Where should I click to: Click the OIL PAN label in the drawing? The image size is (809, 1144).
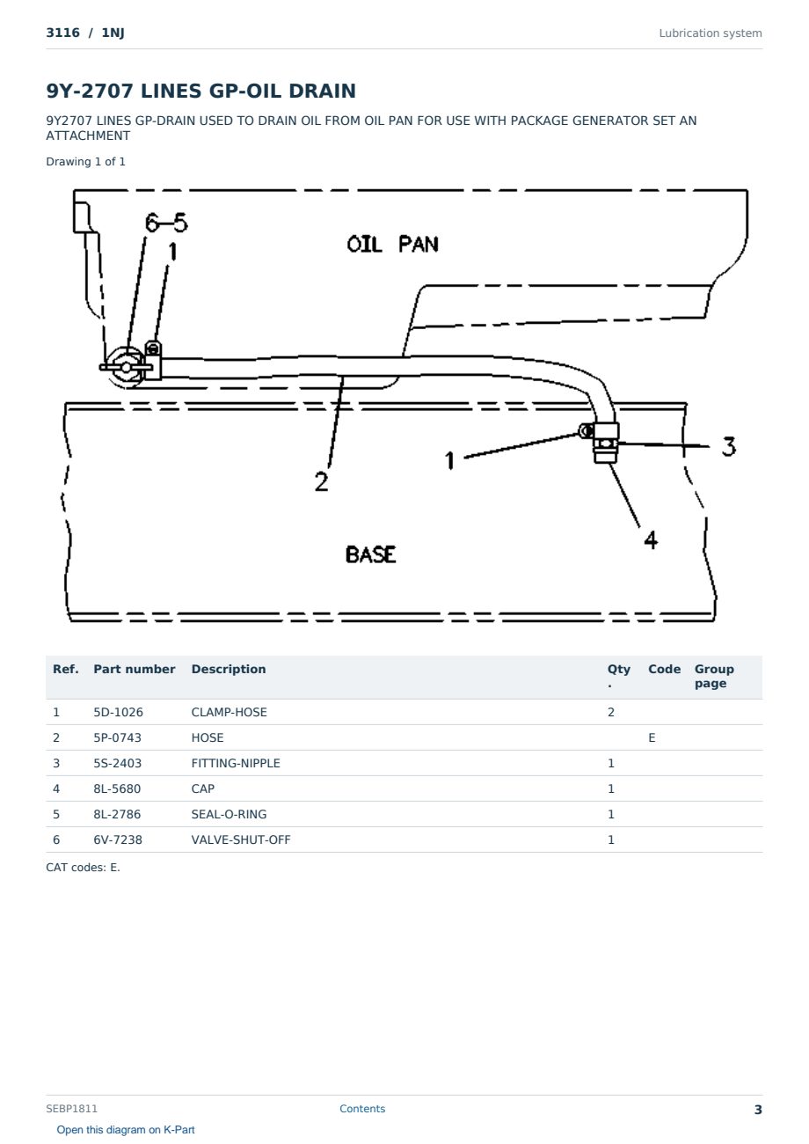click(x=392, y=244)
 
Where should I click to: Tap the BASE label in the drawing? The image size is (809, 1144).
click(x=370, y=554)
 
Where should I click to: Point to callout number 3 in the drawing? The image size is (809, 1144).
click(x=728, y=446)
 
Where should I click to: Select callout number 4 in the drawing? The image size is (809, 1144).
click(x=650, y=539)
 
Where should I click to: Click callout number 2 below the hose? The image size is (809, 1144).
click(x=321, y=481)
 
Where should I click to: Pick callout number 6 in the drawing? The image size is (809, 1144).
click(x=152, y=223)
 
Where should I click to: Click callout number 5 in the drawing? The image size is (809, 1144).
click(x=180, y=222)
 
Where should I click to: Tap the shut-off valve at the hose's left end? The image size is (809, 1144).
click(x=126, y=367)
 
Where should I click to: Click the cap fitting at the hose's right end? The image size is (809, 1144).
click(x=605, y=443)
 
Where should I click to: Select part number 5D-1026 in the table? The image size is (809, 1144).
click(x=118, y=712)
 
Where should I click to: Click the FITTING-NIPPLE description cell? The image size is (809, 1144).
click(x=236, y=763)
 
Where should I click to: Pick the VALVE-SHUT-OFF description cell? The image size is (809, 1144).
click(x=240, y=840)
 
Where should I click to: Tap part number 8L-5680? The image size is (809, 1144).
click(x=117, y=788)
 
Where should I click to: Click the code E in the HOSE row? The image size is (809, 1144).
click(x=652, y=737)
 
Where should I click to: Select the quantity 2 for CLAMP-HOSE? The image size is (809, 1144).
click(x=611, y=712)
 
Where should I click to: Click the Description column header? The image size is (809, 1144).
click(x=229, y=669)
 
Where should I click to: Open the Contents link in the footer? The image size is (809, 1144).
click(x=362, y=1108)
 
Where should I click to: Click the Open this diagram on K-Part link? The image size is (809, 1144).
click(x=126, y=1130)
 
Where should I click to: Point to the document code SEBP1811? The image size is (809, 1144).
click(x=71, y=1108)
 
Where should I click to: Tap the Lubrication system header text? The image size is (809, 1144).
click(x=711, y=33)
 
